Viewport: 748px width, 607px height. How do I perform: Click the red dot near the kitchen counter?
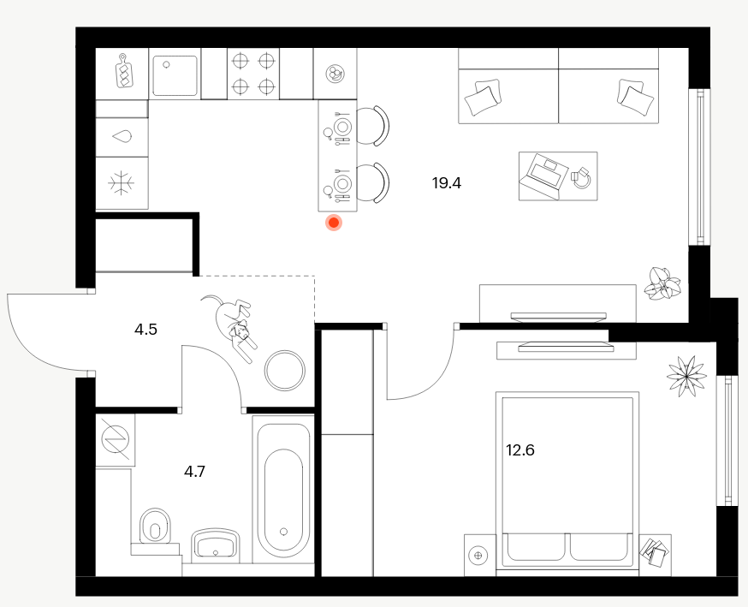[334, 223]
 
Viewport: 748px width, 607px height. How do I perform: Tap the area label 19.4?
[447, 183]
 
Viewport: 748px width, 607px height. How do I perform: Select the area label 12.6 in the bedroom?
[520, 450]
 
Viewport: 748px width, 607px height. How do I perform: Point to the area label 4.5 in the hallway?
[145, 330]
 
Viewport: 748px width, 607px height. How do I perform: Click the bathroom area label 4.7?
[194, 472]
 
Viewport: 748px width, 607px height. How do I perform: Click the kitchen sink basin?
[175, 75]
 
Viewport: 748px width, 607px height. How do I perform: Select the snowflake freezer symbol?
[122, 183]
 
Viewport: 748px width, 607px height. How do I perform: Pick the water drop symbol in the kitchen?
[122, 137]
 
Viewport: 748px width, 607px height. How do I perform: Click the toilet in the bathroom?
[155, 527]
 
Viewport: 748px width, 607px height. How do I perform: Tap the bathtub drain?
[284, 531]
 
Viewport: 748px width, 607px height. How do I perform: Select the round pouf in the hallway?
[285, 371]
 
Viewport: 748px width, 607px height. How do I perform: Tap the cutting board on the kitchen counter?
[125, 71]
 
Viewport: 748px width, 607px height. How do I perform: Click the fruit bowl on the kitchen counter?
[335, 74]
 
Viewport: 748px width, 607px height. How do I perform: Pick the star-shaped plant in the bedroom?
[686, 376]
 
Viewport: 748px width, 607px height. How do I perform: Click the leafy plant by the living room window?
[662, 284]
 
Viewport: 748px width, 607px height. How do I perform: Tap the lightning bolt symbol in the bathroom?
[116, 439]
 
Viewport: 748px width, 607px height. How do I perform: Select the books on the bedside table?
[655, 552]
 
